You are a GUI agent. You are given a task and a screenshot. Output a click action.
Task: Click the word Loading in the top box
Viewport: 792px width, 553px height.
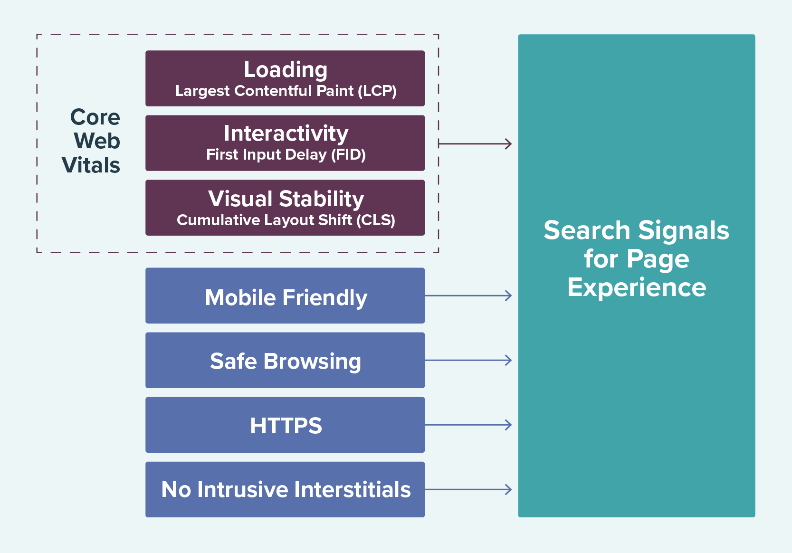(286, 70)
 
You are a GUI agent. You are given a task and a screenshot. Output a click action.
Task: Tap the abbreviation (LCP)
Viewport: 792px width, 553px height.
(377, 91)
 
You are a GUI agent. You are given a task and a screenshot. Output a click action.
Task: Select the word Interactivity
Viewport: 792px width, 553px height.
(286, 133)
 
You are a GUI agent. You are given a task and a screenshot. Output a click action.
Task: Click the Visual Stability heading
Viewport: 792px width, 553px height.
(286, 199)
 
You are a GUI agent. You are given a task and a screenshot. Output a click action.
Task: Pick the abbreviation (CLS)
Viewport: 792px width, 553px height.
(376, 220)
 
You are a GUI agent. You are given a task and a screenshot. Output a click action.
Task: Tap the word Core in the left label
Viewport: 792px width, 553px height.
(95, 117)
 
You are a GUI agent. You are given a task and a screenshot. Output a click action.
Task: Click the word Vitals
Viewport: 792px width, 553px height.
(91, 165)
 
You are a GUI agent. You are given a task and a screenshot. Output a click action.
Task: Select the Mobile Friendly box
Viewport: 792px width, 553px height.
(285, 296)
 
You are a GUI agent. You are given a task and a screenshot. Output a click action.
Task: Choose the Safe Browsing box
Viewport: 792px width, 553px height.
(285, 361)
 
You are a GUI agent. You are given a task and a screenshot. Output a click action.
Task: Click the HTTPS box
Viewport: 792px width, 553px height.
(285, 425)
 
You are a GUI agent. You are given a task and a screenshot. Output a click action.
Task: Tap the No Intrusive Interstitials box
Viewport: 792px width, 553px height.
(285, 489)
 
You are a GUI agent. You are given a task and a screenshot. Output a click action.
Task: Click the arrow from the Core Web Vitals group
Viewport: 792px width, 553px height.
(475, 143)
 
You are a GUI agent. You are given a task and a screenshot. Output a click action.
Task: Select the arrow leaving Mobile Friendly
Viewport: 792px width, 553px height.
(468, 296)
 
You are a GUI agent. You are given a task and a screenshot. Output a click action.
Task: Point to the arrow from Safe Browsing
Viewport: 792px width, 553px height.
(468, 360)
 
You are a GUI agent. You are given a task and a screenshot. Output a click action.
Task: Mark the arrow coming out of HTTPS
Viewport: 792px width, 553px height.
(468, 425)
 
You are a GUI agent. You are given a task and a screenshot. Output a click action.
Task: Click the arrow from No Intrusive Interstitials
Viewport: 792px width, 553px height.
(468, 489)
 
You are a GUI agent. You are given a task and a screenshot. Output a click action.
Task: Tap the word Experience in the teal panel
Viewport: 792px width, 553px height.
(637, 288)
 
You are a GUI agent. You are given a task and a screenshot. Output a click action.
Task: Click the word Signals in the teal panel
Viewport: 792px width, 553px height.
(683, 231)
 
